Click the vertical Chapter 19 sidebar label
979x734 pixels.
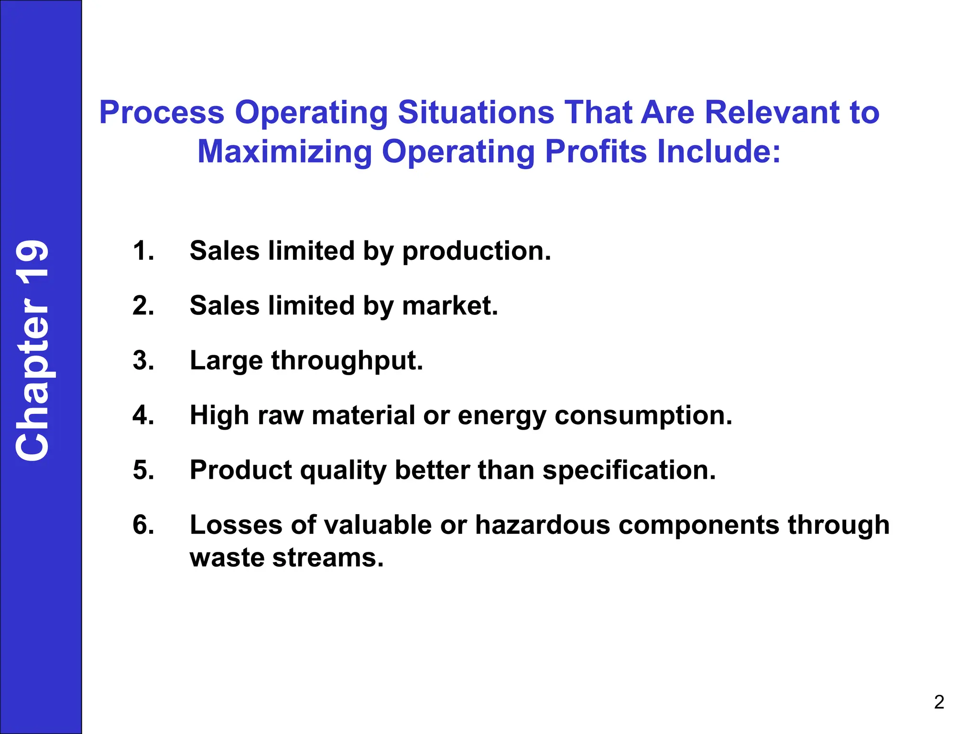click(x=33, y=350)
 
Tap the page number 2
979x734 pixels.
click(x=939, y=702)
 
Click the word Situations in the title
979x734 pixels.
click(x=476, y=113)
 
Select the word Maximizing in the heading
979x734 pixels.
click(x=284, y=152)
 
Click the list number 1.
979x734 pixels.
click(x=143, y=251)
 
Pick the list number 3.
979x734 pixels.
click(x=143, y=360)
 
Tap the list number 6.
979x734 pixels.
click(x=143, y=525)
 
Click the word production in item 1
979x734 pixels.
click(x=476, y=252)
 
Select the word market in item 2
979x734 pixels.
click(x=449, y=306)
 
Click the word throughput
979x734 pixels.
click(x=347, y=361)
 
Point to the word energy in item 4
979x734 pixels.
click(x=501, y=416)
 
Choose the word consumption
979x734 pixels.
click(x=643, y=416)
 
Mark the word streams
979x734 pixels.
click(x=327, y=558)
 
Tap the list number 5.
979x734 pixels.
click(x=143, y=470)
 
